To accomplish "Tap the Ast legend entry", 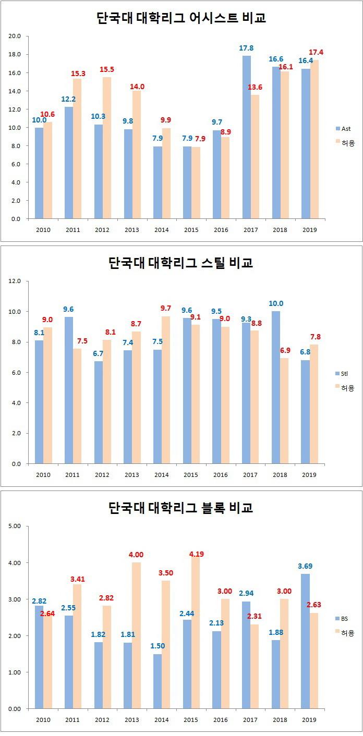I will (346, 128).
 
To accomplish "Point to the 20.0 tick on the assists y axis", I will (14, 36).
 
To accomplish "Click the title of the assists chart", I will (181, 18).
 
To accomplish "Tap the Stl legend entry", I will (345, 373).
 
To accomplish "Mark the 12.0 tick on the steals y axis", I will (14, 281).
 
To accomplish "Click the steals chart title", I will (181, 262).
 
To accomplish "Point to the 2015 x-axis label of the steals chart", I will (190, 475).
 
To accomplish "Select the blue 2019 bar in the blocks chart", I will (305, 641).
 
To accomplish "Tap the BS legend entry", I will (345, 618).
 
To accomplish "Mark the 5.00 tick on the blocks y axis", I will (14, 526).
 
